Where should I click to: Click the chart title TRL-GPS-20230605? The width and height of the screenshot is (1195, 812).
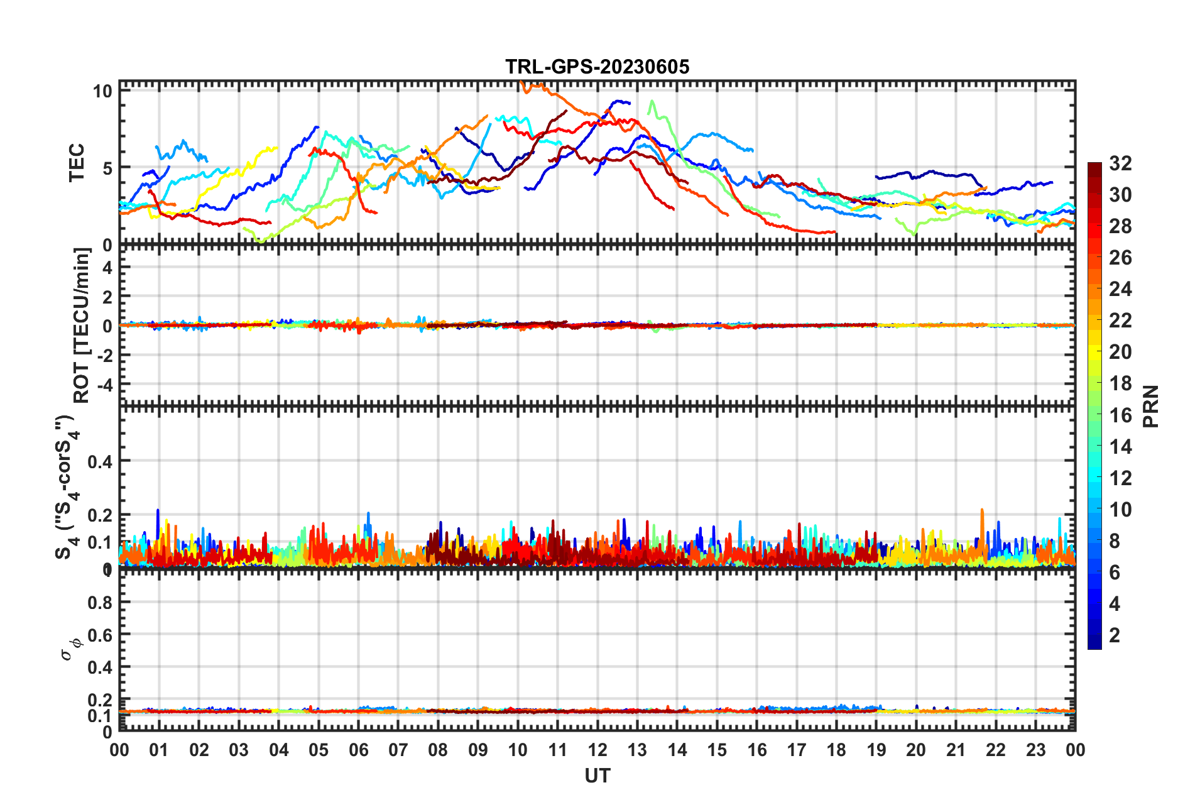pyautogui.click(x=597, y=67)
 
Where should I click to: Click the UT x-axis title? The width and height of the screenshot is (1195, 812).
pyautogui.click(x=597, y=776)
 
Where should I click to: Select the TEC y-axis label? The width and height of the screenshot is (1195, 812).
pyautogui.click(x=77, y=163)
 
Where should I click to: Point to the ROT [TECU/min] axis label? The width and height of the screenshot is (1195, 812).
pyautogui.click(x=81, y=325)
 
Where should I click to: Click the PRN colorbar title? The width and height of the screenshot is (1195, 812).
pyautogui.click(x=1151, y=406)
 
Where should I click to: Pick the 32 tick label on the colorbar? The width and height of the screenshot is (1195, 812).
pyautogui.click(x=1120, y=163)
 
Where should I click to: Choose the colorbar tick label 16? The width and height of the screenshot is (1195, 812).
pyautogui.click(x=1120, y=415)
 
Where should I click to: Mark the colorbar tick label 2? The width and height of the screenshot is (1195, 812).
pyautogui.click(x=1115, y=635)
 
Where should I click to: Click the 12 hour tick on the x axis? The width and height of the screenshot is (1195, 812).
pyautogui.click(x=597, y=750)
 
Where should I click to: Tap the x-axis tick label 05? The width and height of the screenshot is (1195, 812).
pyautogui.click(x=319, y=750)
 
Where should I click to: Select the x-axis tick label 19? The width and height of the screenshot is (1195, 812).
pyautogui.click(x=876, y=750)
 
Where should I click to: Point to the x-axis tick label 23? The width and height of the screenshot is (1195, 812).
pyautogui.click(x=1035, y=750)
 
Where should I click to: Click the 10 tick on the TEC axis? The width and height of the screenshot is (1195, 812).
pyautogui.click(x=102, y=91)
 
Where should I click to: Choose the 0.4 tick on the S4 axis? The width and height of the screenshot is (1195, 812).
pyautogui.click(x=100, y=462)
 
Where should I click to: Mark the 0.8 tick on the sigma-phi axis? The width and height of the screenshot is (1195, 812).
pyautogui.click(x=100, y=602)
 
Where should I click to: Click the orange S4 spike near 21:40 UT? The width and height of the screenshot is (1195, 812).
pyautogui.click(x=981, y=511)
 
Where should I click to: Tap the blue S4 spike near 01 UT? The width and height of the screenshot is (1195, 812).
pyautogui.click(x=158, y=511)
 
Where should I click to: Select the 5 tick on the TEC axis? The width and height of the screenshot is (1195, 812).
pyautogui.click(x=107, y=168)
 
